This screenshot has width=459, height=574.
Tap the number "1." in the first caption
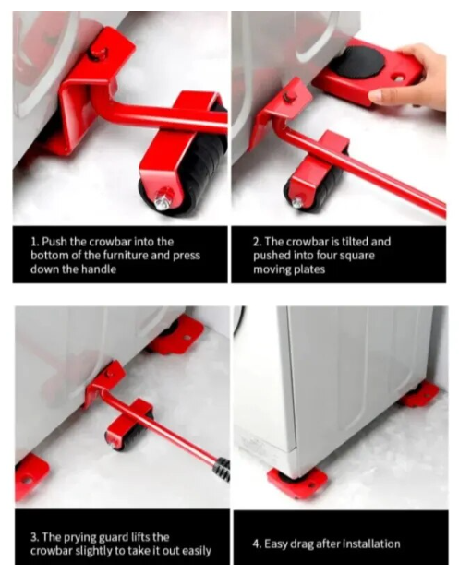35,242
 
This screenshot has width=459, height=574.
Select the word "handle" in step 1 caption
99,269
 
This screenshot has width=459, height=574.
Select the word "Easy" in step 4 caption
275,544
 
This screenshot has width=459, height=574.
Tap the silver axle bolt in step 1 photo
163,198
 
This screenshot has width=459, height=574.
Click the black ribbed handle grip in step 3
223,469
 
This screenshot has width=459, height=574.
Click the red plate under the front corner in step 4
297,484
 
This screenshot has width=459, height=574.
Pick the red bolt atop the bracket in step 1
98,54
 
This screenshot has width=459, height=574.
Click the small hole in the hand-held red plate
399,78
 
